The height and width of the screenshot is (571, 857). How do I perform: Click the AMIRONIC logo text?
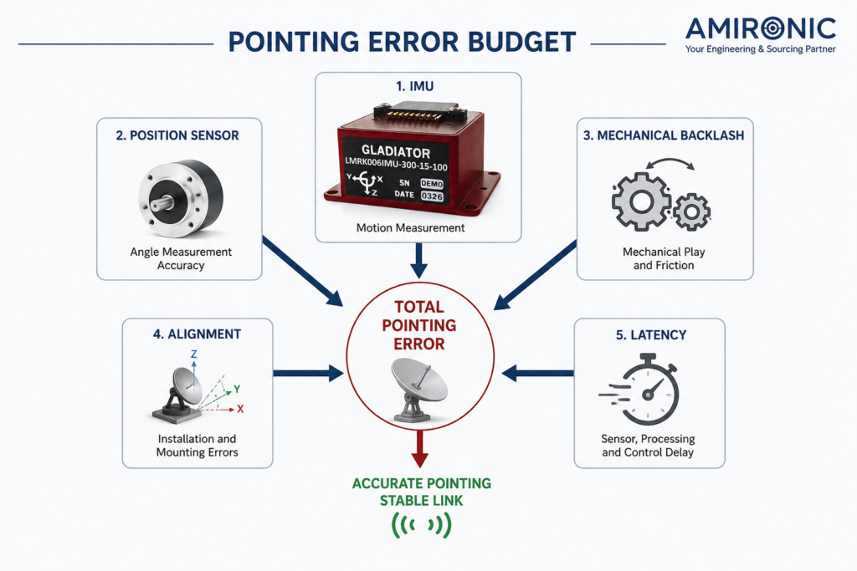(x=761, y=28)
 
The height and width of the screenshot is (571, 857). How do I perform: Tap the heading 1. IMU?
(x=415, y=86)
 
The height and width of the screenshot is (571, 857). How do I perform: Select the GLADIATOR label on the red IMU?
(x=396, y=151)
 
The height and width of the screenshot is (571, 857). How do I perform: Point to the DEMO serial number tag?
(x=431, y=184)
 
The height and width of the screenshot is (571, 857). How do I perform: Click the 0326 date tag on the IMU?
(x=432, y=196)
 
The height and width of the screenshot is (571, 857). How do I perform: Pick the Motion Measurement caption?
(x=410, y=227)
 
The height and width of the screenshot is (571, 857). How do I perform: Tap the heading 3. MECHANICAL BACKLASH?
(x=664, y=135)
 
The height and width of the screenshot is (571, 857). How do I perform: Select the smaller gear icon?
(x=692, y=212)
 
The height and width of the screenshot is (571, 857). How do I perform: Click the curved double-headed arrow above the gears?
(x=670, y=163)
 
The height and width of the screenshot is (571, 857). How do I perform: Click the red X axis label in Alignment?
(x=240, y=409)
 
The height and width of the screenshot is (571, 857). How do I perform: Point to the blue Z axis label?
(x=193, y=354)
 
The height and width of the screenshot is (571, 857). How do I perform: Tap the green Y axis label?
(x=237, y=390)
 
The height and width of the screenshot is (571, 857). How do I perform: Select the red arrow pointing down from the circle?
(x=420, y=449)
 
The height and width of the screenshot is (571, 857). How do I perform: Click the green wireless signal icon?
(x=422, y=525)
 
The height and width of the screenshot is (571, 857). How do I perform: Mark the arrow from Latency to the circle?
(x=537, y=374)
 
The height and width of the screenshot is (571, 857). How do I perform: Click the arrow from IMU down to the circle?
(x=418, y=261)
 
